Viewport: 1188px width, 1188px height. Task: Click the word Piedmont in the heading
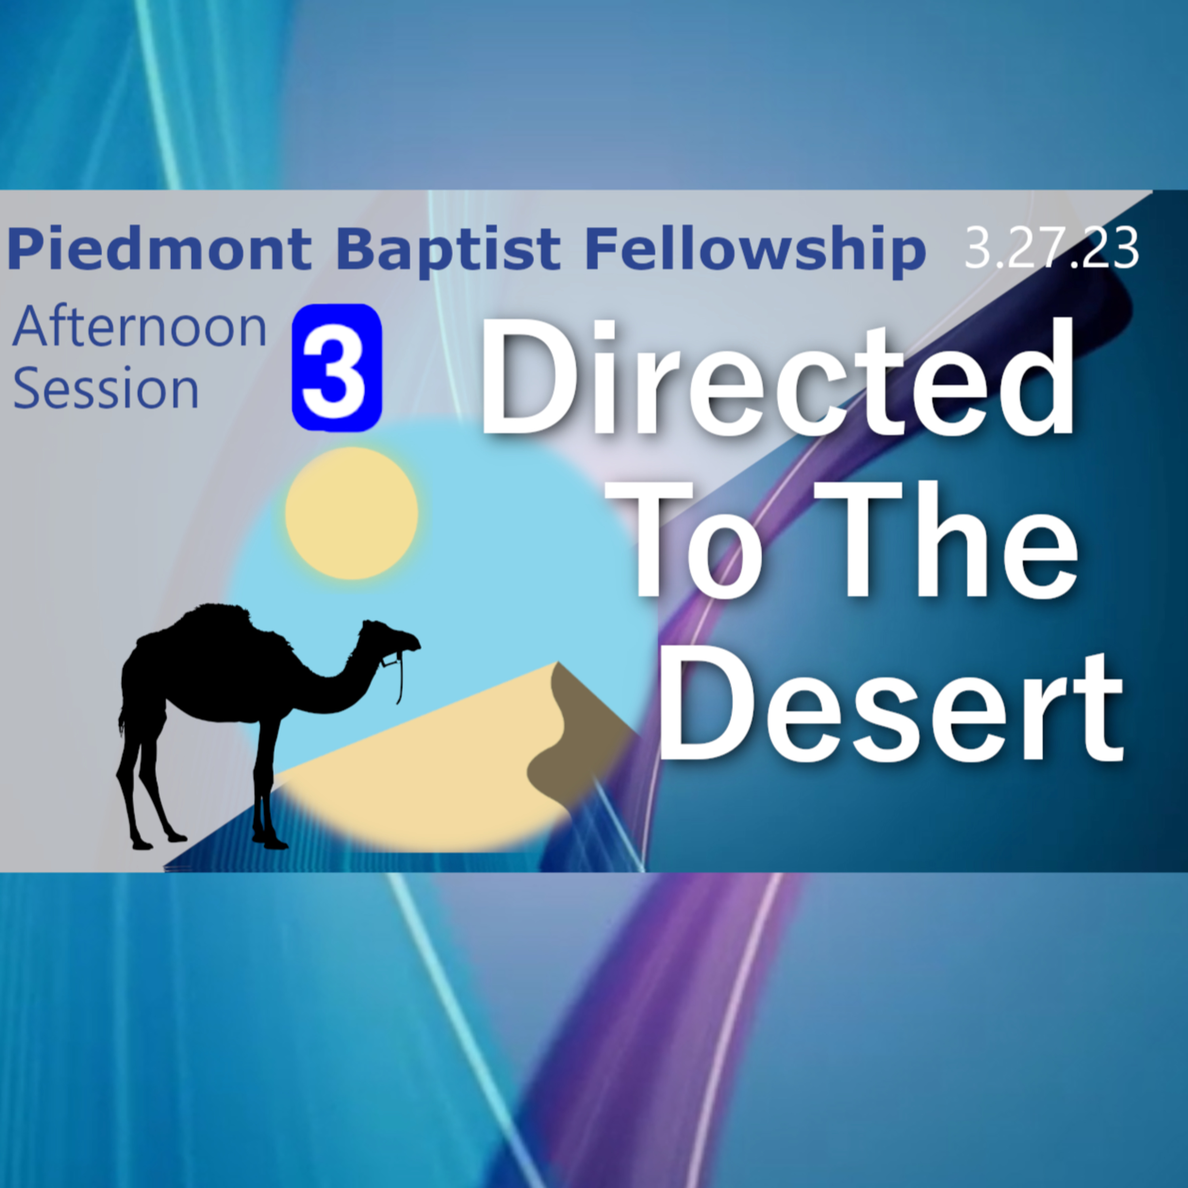159,249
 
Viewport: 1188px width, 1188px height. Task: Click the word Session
106,389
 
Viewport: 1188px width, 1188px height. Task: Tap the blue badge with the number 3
337,368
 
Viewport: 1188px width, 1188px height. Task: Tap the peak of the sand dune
557,663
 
